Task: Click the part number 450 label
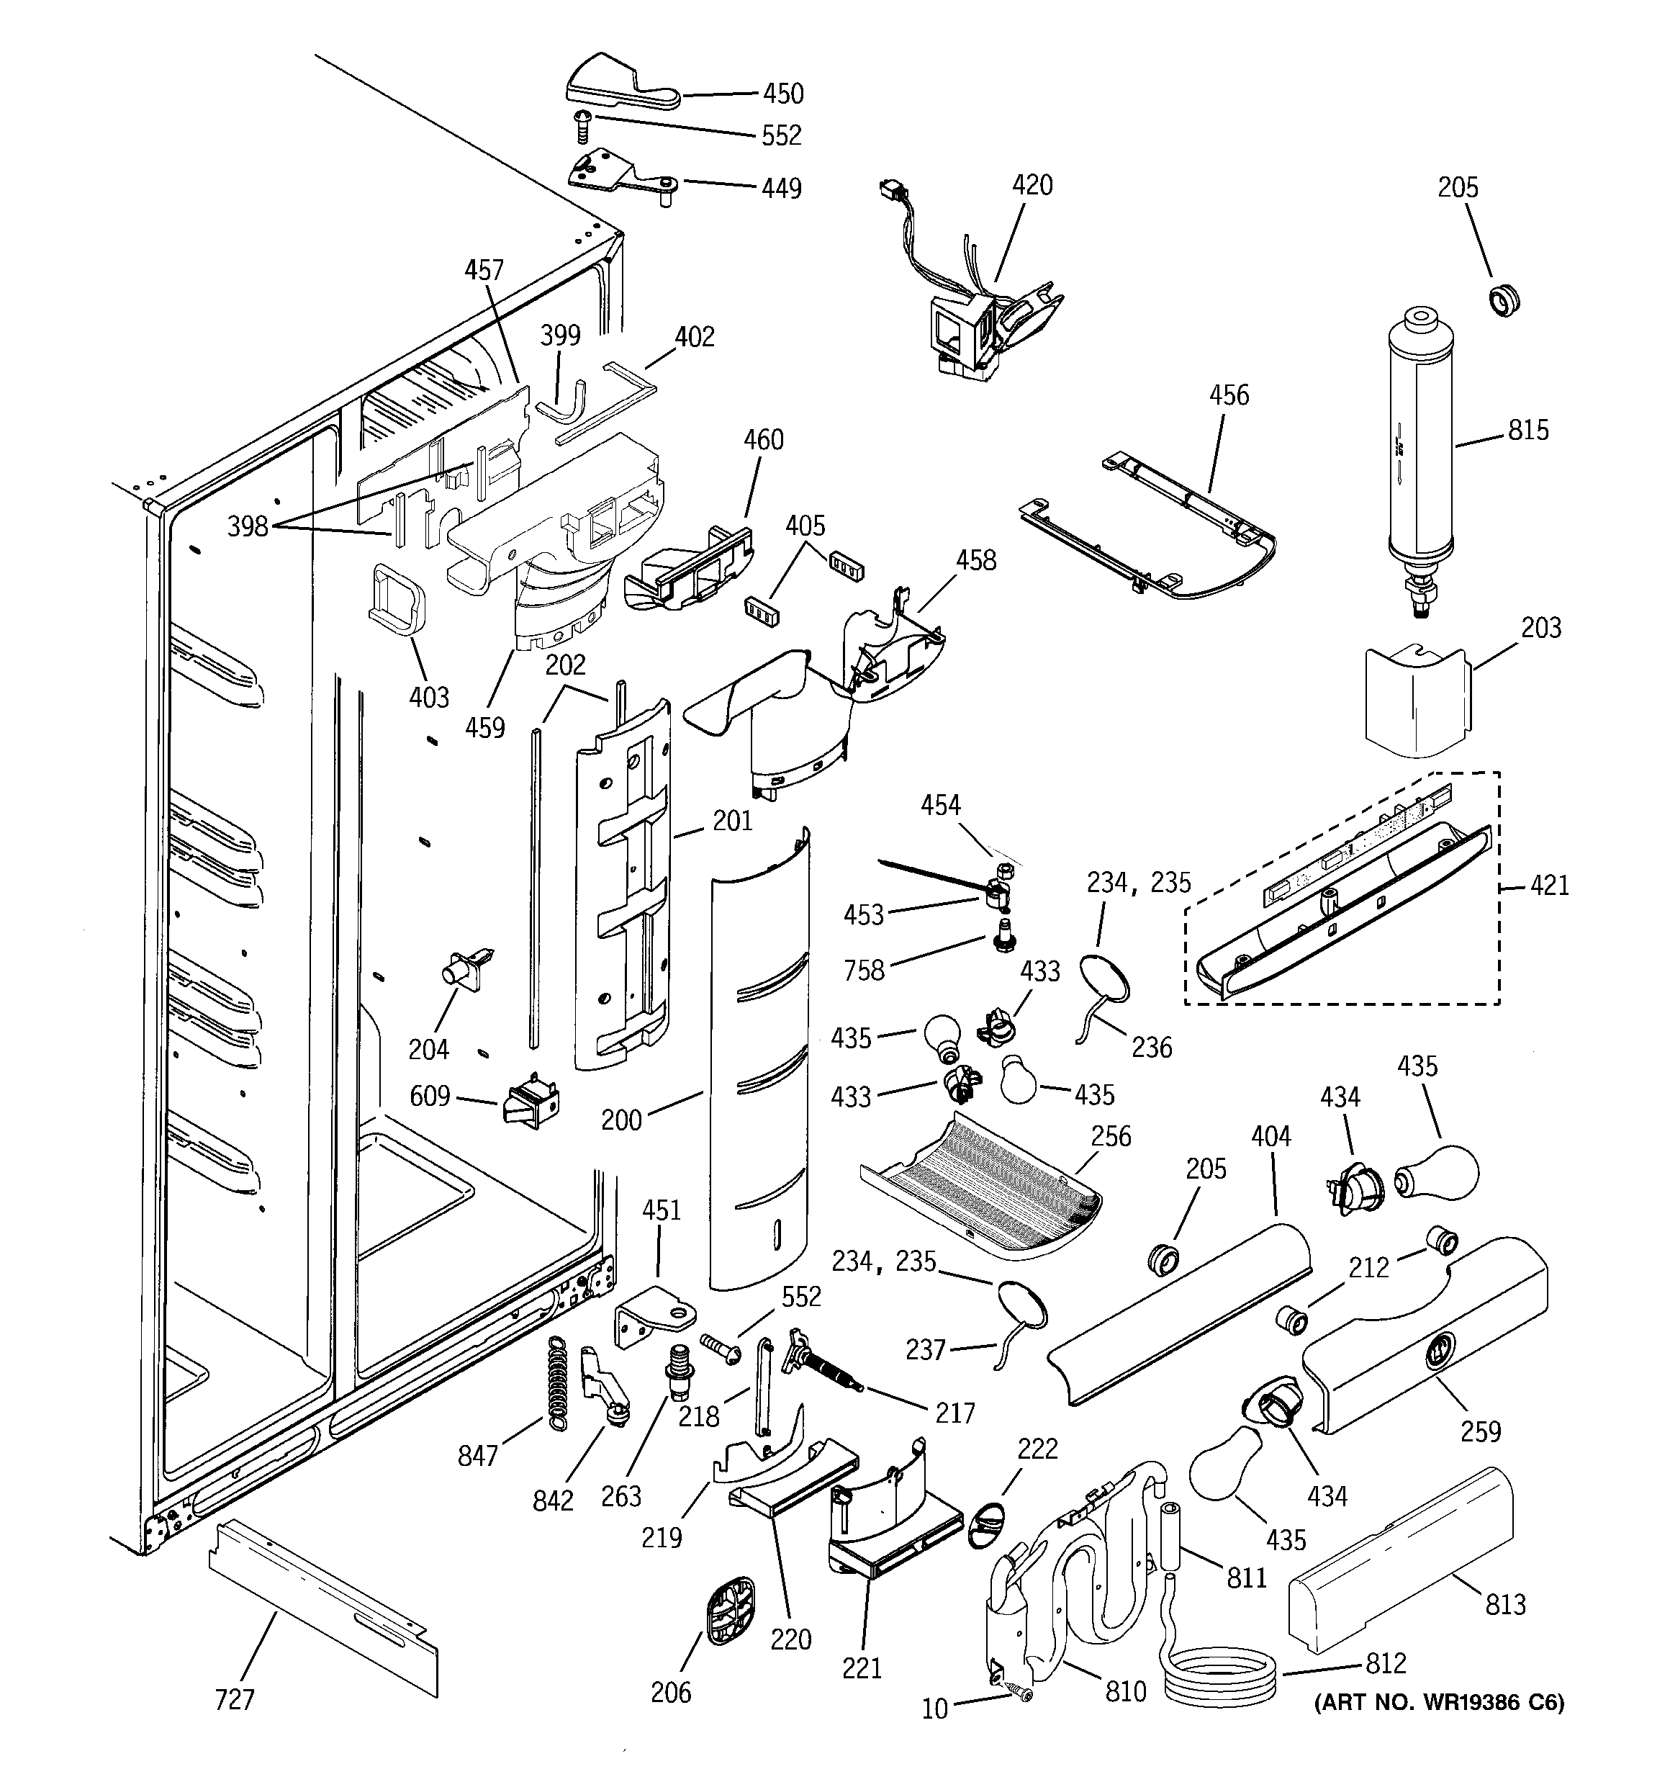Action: (782, 93)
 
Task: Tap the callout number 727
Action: (234, 1699)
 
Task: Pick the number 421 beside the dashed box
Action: (1550, 886)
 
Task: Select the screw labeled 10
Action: (1020, 1691)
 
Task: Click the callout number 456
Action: (1228, 395)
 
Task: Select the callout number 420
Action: (1032, 186)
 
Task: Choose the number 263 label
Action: (621, 1496)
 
